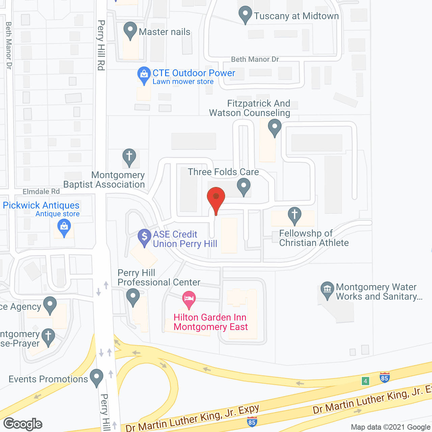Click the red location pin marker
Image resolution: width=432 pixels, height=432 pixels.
tap(216, 197)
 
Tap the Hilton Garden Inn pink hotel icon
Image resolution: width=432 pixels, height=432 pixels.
tap(189, 299)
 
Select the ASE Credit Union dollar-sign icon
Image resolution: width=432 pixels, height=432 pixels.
tap(144, 237)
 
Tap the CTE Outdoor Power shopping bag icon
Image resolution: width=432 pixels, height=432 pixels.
tap(144, 74)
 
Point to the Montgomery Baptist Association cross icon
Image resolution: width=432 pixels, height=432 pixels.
tap(129, 157)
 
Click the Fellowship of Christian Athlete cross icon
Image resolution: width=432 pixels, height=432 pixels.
tap(295, 215)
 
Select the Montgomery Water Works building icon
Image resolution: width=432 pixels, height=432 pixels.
tap(327, 289)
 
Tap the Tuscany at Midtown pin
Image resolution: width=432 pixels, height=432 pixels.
tap(245, 14)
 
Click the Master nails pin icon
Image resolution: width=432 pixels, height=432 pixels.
tap(130, 30)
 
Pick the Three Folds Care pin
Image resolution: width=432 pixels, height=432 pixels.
tap(244, 186)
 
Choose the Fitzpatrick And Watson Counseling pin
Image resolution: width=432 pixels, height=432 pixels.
tap(275, 127)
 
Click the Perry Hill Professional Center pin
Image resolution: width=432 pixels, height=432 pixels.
tap(133, 296)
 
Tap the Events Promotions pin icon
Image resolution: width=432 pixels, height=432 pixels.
tap(97, 377)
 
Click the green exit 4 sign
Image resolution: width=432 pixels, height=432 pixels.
tap(365, 381)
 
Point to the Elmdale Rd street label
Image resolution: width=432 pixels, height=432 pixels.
tap(41, 192)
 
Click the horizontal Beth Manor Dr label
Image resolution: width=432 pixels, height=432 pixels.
tap(255, 59)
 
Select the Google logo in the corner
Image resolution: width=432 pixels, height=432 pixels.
tap(23, 424)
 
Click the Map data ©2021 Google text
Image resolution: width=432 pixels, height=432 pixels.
tap(391, 427)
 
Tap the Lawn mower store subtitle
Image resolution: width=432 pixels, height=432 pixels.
tap(183, 82)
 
